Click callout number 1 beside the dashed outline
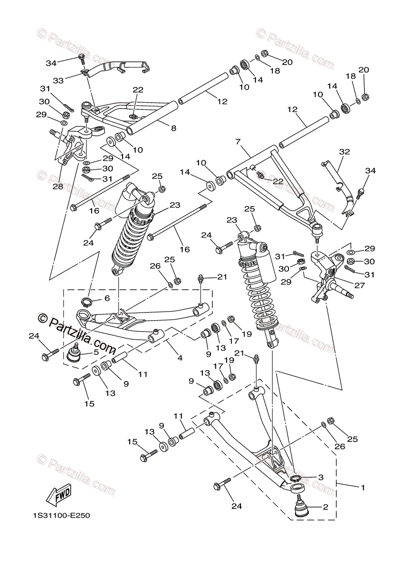click(x=363, y=487)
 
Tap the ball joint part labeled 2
click(x=301, y=508)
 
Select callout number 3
click(x=321, y=477)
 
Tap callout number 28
click(x=58, y=187)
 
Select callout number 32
click(x=344, y=152)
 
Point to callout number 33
click(x=58, y=81)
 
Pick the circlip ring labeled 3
click(x=295, y=478)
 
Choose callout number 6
click(x=107, y=298)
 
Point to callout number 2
click(x=326, y=507)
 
